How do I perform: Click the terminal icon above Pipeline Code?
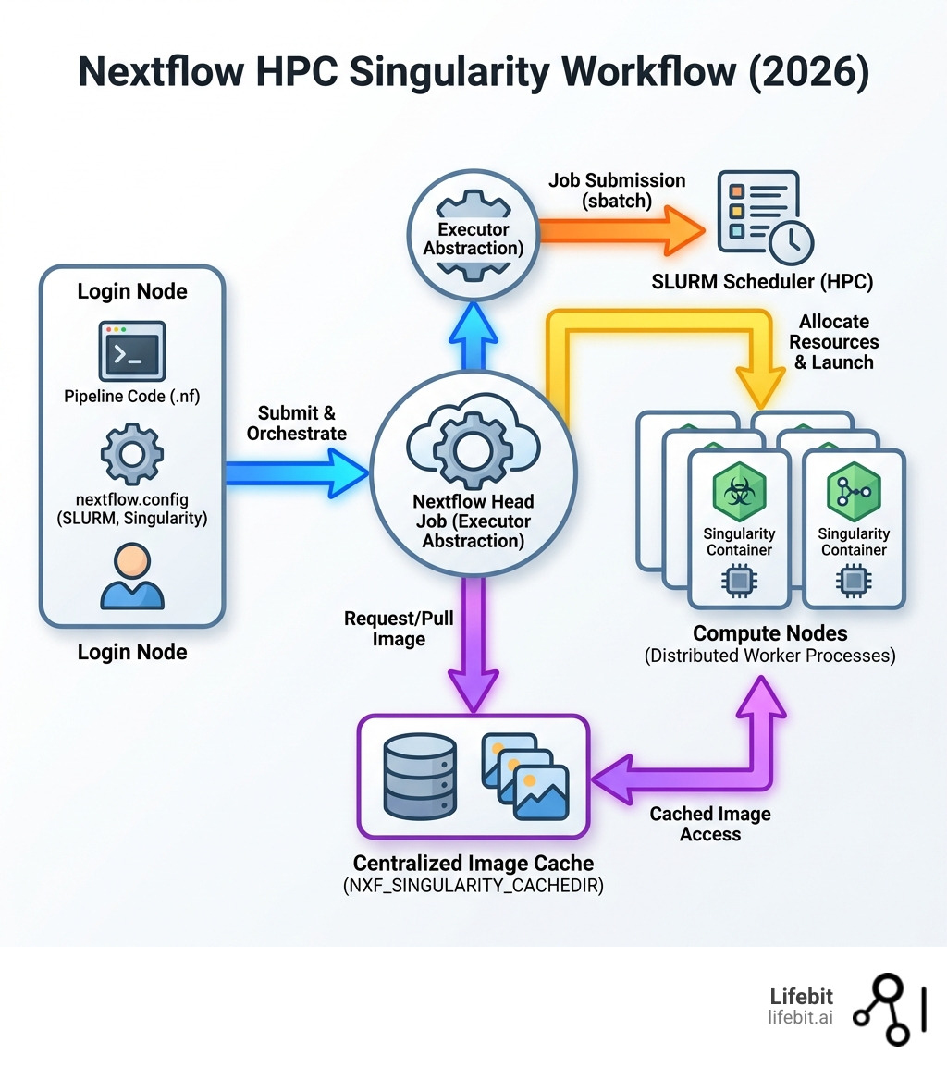(x=131, y=350)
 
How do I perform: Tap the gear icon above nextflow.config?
(x=131, y=453)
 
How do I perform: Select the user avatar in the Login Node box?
(x=131, y=575)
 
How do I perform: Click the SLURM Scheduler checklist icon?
(x=758, y=211)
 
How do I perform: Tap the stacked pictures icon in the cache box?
(x=525, y=777)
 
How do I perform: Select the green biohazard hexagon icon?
(x=739, y=491)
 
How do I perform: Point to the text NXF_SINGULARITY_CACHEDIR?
(x=473, y=886)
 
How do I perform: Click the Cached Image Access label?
(x=709, y=824)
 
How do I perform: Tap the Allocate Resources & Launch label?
(x=834, y=341)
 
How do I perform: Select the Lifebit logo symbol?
(x=888, y=1008)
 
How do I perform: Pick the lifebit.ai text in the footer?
(x=801, y=1017)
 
